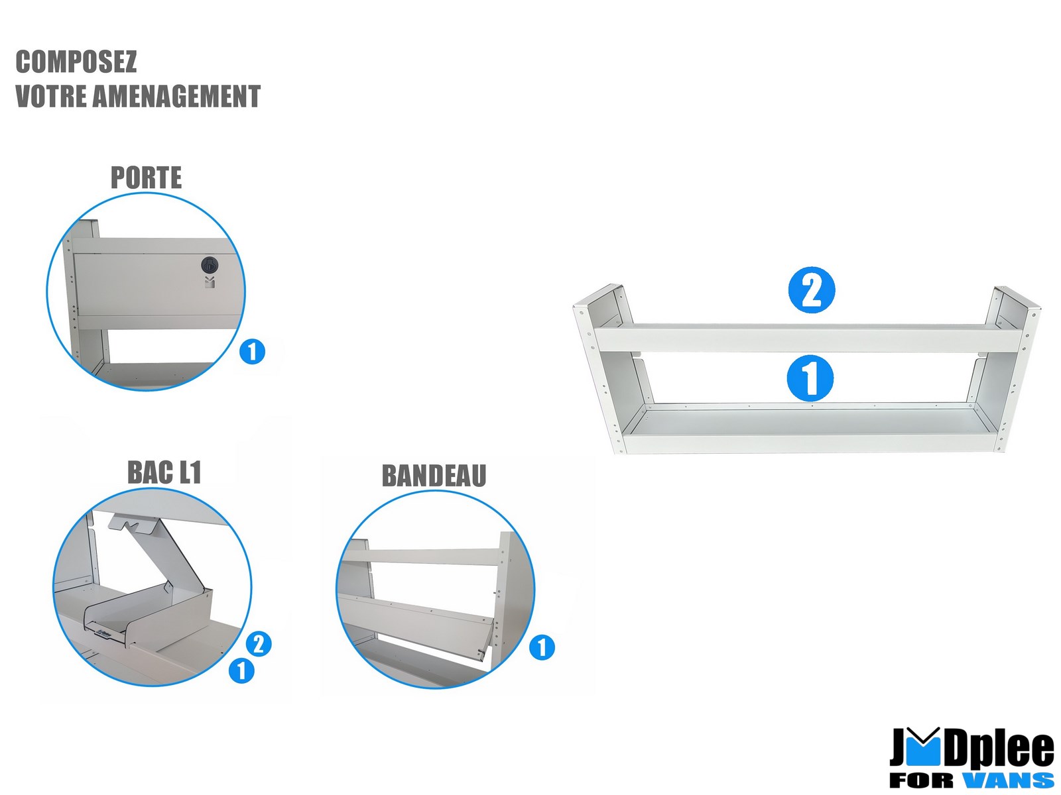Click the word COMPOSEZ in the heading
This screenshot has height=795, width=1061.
(76, 62)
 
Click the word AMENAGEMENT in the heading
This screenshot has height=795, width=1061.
(176, 96)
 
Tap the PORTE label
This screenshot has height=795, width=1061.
(146, 178)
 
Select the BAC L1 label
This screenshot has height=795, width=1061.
(164, 472)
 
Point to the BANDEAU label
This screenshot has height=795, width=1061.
(434, 476)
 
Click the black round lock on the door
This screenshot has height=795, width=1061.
(210, 265)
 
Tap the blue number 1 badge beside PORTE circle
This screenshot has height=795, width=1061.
(253, 351)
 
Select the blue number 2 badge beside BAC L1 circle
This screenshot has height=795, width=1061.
(259, 644)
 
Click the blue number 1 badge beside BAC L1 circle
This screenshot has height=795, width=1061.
(241, 670)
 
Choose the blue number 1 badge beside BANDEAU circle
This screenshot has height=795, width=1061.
(542, 647)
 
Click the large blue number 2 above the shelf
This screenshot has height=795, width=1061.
(811, 290)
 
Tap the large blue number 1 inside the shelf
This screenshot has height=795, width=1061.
(810, 378)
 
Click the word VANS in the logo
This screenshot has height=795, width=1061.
(1007, 780)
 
